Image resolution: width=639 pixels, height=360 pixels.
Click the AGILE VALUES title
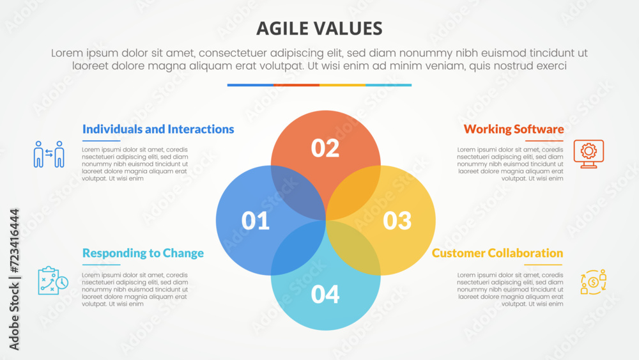(x=319, y=28)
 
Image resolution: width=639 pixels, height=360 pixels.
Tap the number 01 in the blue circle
(x=255, y=221)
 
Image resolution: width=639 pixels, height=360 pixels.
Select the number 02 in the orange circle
(x=325, y=148)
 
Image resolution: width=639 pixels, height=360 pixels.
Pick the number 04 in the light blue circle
(x=325, y=294)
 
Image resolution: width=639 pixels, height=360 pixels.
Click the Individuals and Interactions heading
(x=158, y=129)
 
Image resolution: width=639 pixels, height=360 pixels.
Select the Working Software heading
(x=513, y=129)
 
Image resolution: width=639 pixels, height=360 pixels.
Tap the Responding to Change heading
(x=143, y=253)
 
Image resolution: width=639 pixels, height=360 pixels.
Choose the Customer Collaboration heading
(x=497, y=253)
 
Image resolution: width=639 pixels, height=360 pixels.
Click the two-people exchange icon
(x=49, y=154)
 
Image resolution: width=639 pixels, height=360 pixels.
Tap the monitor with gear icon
(x=588, y=153)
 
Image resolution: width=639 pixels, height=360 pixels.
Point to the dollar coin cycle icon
(x=593, y=281)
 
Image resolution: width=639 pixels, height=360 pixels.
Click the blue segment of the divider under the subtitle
(x=250, y=84)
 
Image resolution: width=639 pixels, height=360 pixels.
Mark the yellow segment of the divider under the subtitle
(x=342, y=84)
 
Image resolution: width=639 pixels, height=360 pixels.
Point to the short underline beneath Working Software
(x=544, y=141)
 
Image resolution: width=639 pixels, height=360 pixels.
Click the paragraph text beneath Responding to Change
(x=135, y=289)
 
